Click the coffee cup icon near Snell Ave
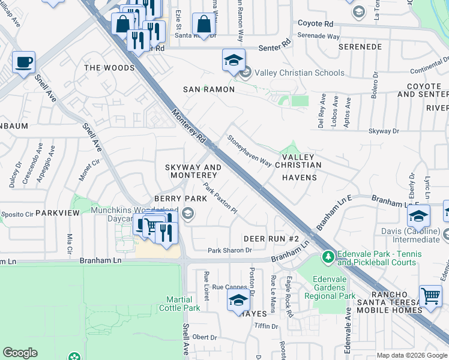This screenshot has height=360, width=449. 23,62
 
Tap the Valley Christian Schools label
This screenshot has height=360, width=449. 300,73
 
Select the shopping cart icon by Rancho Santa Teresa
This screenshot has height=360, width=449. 430,296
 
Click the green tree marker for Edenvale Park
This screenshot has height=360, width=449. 328,257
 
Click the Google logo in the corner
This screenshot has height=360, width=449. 20,353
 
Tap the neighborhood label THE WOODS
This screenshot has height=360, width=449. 109,68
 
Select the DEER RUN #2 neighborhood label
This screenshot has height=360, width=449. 271,239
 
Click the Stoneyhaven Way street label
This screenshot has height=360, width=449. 249,151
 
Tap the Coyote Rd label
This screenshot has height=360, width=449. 315,23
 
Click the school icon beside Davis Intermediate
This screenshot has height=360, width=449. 418,215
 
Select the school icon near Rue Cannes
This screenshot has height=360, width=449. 238,301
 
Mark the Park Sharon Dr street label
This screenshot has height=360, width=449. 229,250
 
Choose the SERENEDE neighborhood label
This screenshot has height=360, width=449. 360,46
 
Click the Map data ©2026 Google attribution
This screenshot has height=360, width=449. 412,355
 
